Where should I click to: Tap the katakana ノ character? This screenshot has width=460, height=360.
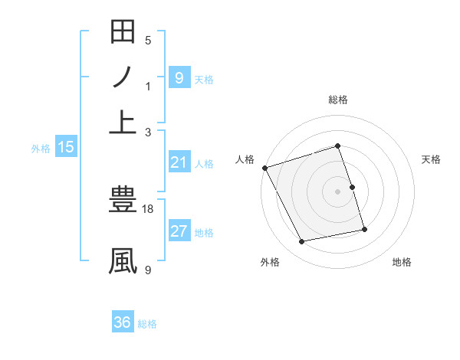click(123, 77)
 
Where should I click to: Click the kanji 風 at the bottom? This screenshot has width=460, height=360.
click(123, 261)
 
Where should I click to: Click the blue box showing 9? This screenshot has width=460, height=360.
click(179, 77)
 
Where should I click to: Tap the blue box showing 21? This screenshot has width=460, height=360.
click(179, 162)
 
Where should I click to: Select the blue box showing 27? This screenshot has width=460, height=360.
click(179, 231)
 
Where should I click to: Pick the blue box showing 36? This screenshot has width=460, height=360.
click(123, 322)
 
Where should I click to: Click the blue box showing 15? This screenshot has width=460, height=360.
click(65, 147)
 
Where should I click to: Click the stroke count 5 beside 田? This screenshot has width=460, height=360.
click(148, 41)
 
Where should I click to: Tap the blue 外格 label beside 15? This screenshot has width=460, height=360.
click(41, 149)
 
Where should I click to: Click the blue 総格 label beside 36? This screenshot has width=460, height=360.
click(147, 324)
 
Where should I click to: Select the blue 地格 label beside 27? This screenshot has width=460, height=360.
click(204, 233)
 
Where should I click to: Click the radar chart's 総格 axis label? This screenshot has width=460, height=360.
click(337, 100)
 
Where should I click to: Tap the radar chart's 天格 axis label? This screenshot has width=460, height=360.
click(431, 159)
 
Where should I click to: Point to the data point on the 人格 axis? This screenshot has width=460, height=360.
click(264, 168)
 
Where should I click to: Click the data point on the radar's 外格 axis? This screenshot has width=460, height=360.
click(302, 242)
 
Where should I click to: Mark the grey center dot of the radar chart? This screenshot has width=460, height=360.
click(337, 191)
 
